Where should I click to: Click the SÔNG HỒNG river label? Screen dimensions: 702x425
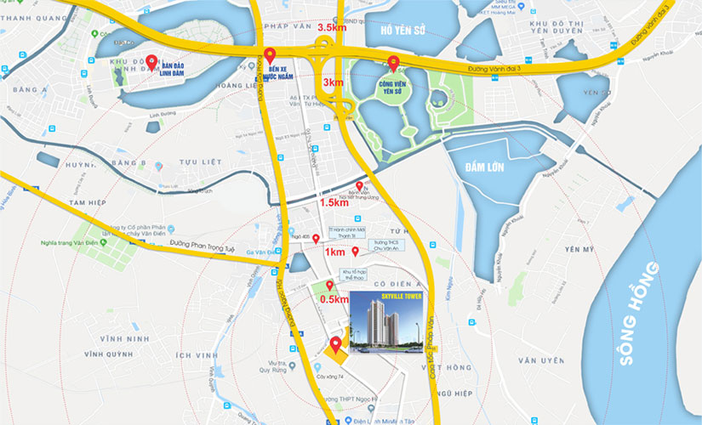(x=640, y=314)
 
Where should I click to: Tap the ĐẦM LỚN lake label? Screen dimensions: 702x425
(x=485, y=167)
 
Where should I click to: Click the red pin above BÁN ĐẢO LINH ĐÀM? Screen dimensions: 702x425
(x=151, y=61)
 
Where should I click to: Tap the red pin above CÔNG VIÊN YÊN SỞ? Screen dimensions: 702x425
(x=393, y=61)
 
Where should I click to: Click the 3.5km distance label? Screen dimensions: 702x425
(x=331, y=28)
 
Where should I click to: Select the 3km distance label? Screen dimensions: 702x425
(x=333, y=82)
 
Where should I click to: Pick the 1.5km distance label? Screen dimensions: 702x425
(x=334, y=202)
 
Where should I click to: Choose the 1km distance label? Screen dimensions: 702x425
(x=334, y=252)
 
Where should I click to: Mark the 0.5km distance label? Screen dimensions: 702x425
(x=334, y=299)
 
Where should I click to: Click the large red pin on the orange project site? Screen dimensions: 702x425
(x=335, y=344)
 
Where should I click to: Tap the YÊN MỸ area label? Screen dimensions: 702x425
(x=579, y=249)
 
